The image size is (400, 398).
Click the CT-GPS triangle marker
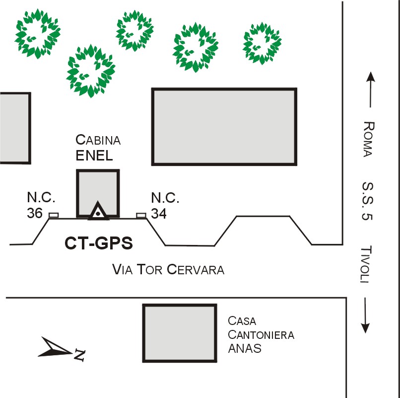(x=99, y=212)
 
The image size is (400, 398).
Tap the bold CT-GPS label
(x=99, y=243)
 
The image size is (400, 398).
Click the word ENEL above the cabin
(x=94, y=156)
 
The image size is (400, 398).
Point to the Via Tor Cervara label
(x=169, y=270)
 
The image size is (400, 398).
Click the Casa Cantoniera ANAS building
(x=180, y=332)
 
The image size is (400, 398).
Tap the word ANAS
(x=245, y=348)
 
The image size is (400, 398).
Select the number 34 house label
(x=159, y=213)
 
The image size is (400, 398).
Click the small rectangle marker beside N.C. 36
(x=53, y=215)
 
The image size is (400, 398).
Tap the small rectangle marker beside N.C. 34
(x=141, y=215)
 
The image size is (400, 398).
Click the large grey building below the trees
(x=224, y=126)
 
